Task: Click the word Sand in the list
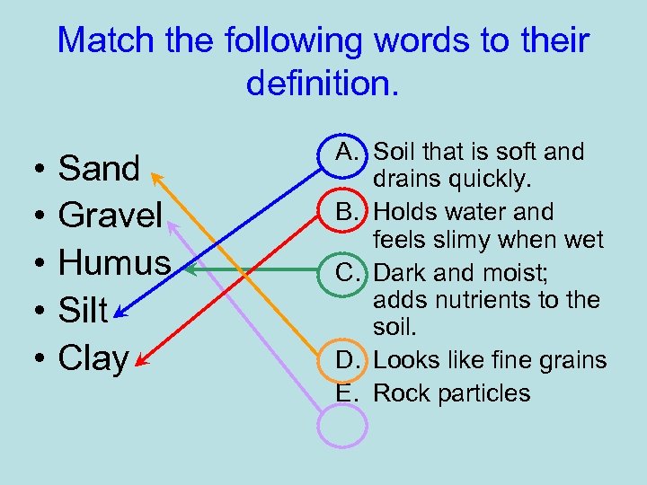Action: coord(99,168)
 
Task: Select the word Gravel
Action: coord(110,216)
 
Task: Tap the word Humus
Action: coord(114,263)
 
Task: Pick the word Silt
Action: coord(84,311)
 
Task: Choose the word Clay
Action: coord(93,358)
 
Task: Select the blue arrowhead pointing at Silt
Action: coord(120,313)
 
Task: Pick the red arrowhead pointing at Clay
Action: coord(139,363)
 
